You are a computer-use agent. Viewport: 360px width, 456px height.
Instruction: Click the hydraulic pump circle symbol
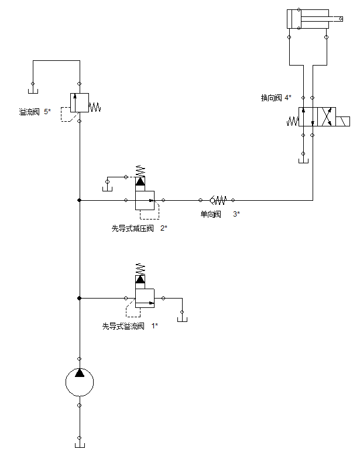pos(80,382)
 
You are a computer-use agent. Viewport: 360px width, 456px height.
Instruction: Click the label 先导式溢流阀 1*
pos(130,326)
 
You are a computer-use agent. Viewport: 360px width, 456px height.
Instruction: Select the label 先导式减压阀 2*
pos(139,228)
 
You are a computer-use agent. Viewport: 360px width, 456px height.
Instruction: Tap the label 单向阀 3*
pos(220,214)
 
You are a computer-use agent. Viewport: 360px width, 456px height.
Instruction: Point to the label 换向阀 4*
pos(276,98)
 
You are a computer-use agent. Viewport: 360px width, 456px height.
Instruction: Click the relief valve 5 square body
pos(80,102)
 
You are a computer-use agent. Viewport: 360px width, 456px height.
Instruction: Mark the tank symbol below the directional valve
pos(303,160)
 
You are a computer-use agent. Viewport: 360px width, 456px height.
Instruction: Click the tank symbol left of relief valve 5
pos(33,90)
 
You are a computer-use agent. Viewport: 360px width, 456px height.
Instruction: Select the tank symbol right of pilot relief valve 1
pos(182,318)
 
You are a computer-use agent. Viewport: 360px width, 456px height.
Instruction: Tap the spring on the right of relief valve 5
pos(95,107)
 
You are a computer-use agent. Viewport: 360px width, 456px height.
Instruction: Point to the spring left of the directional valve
pos(293,121)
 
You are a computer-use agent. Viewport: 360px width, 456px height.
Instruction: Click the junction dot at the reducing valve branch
pos(80,200)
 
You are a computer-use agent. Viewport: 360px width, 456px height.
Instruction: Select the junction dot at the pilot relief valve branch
pos(80,298)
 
